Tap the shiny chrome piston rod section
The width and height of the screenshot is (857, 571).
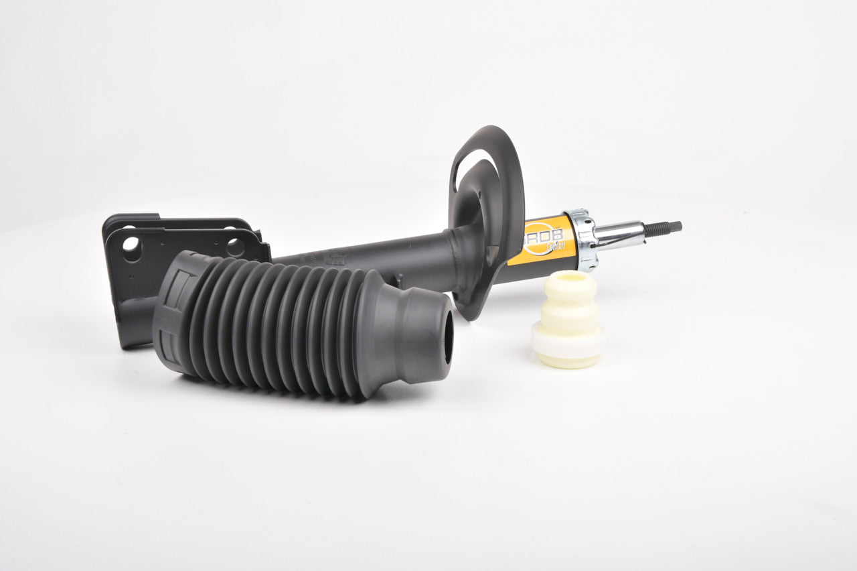(x=619, y=235)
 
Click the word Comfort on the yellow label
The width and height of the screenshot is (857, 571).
(x=555, y=246)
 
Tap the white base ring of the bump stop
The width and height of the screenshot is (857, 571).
(x=568, y=342)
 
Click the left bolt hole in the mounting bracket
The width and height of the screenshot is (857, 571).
(x=131, y=249)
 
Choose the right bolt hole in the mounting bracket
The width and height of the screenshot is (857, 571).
(x=235, y=247)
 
